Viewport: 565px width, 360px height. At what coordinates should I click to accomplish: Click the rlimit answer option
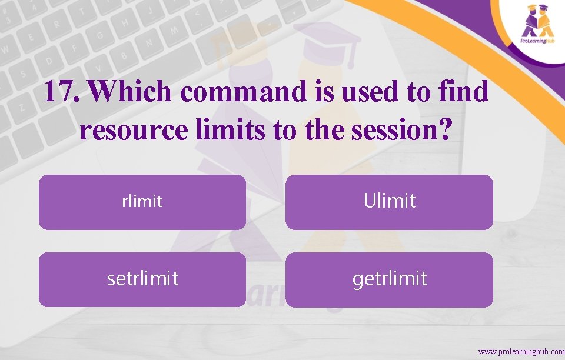click(142, 202)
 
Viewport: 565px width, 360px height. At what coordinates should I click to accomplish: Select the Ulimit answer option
click(389, 202)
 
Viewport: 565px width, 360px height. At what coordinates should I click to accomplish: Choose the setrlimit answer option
click(142, 279)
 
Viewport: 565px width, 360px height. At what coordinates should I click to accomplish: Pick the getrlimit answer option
click(389, 279)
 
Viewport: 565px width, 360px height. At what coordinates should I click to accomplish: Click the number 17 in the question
click(61, 92)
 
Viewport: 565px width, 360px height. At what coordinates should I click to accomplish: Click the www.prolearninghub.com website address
click(521, 351)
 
